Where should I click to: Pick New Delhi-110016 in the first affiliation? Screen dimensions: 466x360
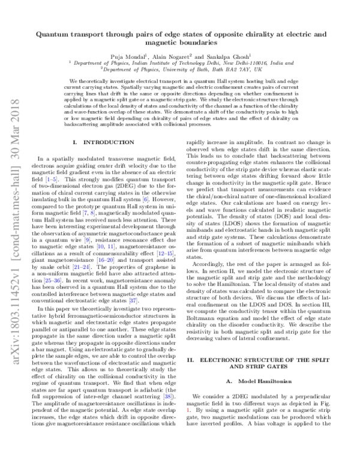pyautogui.click(x=234, y=61)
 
